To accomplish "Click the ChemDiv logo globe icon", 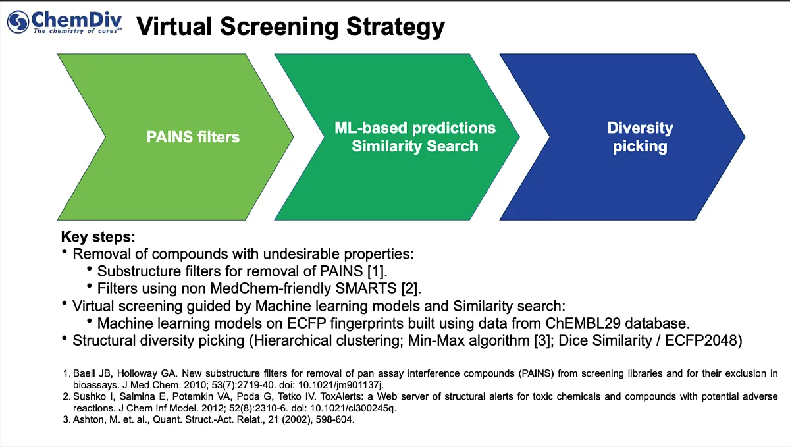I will click(19, 22).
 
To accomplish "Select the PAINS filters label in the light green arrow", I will click(193, 137).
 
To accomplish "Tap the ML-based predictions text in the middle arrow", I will click(415, 127).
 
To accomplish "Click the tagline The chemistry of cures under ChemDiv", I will click(76, 31).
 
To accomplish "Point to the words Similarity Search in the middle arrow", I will click(415, 146).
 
